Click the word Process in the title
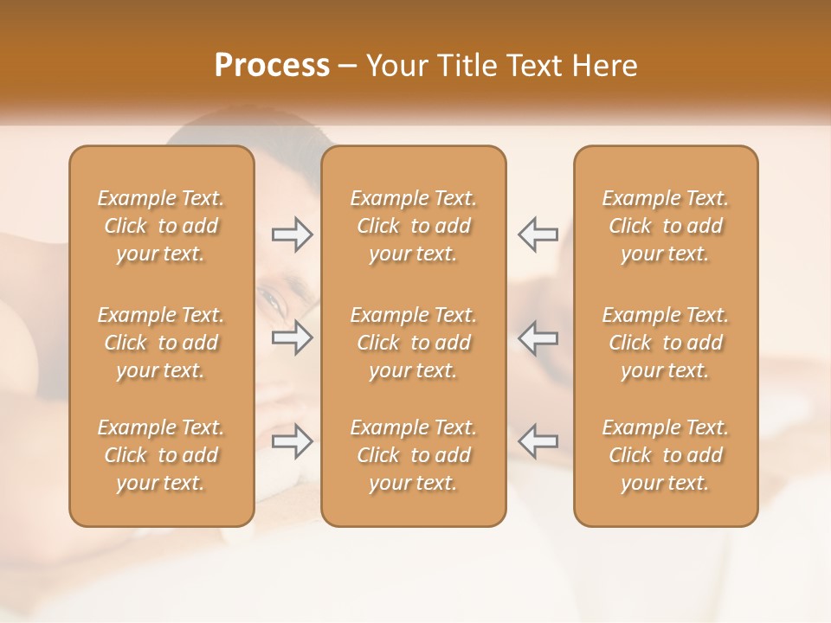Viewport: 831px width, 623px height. pos(272,66)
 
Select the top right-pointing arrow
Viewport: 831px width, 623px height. pos(292,234)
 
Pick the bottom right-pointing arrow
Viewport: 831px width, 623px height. pos(292,441)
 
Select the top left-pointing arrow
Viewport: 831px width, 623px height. pos(538,234)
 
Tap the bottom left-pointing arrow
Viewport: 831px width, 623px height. pos(538,441)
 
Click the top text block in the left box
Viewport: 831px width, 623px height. pos(161,226)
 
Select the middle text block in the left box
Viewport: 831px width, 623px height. pos(161,343)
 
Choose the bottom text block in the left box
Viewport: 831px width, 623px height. pos(161,455)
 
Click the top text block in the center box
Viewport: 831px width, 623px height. pos(414,226)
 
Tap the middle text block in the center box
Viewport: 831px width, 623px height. pos(414,343)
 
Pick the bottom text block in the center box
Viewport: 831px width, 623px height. pos(414,455)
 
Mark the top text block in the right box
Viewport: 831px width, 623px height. pos(666,226)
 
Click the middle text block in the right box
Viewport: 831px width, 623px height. pos(666,343)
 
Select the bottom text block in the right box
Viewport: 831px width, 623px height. pos(666,455)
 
